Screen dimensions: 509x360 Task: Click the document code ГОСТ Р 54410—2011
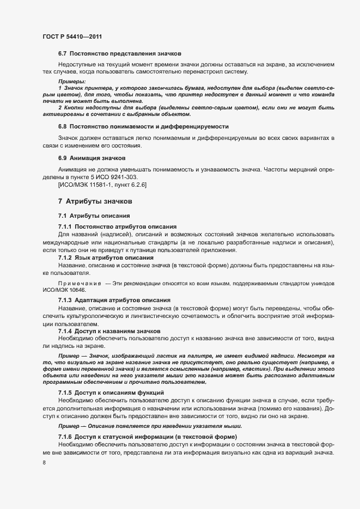[72, 36]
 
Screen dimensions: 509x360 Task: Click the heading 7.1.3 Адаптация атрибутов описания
[114, 301]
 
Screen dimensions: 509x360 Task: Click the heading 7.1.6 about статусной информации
[147, 438]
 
